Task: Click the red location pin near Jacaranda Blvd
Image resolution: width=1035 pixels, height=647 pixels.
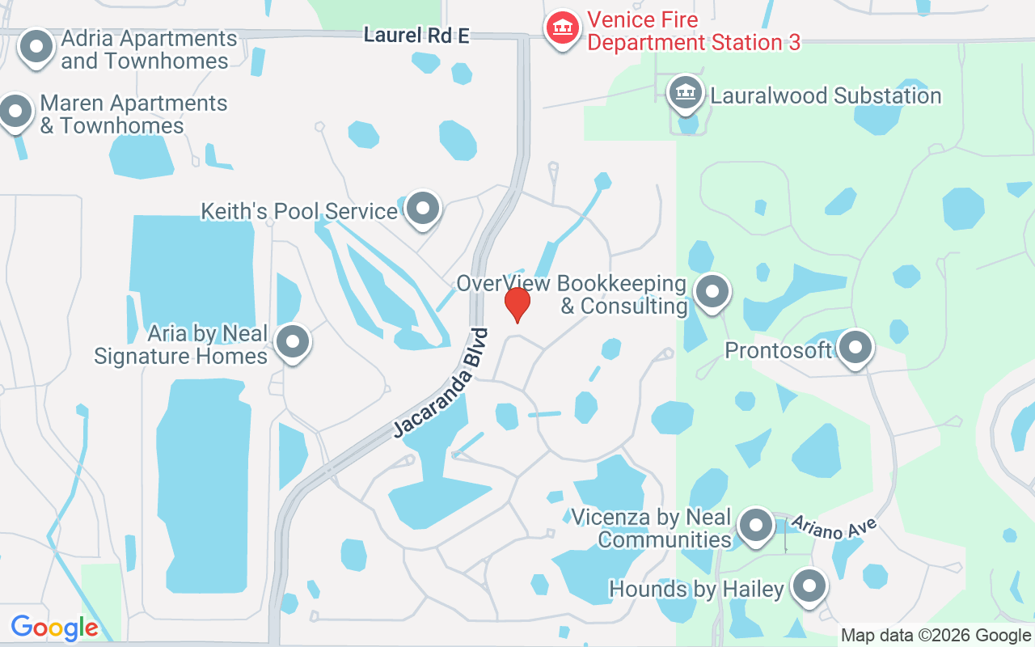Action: (x=517, y=305)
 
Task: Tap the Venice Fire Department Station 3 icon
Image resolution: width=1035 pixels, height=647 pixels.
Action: (x=563, y=28)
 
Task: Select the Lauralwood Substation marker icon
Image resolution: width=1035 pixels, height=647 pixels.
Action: (x=685, y=93)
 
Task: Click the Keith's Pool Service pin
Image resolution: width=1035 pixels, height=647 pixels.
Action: (x=422, y=209)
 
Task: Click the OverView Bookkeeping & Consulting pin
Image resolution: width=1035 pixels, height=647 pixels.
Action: (x=712, y=292)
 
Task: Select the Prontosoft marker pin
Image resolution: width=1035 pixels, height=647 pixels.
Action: (x=855, y=348)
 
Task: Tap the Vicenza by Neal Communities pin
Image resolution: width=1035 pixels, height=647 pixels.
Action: (x=756, y=526)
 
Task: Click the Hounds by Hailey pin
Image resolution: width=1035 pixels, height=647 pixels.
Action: (x=808, y=587)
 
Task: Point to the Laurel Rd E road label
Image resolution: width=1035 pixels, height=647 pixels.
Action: (x=416, y=36)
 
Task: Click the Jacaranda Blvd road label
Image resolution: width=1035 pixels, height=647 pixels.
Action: (x=441, y=383)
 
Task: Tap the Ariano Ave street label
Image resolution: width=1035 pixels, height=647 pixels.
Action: (x=834, y=528)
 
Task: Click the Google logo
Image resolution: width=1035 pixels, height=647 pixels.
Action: (x=54, y=628)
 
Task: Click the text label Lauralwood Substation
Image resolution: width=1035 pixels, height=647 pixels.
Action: (x=826, y=96)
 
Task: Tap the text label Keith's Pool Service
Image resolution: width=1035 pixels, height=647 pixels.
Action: (x=298, y=212)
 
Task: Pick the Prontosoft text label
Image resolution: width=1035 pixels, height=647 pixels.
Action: (x=778, y=350)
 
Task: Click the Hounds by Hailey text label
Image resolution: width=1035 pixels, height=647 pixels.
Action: (x=696, y=590)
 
